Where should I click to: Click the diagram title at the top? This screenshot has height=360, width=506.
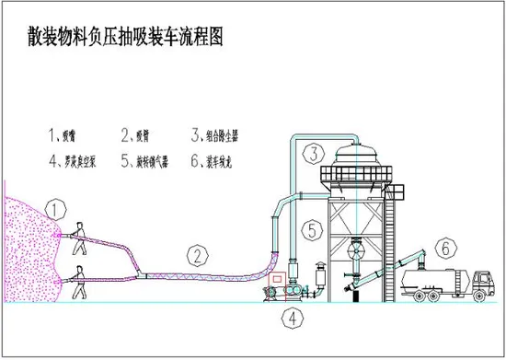click(x=126, y=39)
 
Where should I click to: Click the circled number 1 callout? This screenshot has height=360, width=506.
click(x=57, y=211)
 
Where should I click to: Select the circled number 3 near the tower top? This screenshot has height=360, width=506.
click(x=315, y=154)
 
